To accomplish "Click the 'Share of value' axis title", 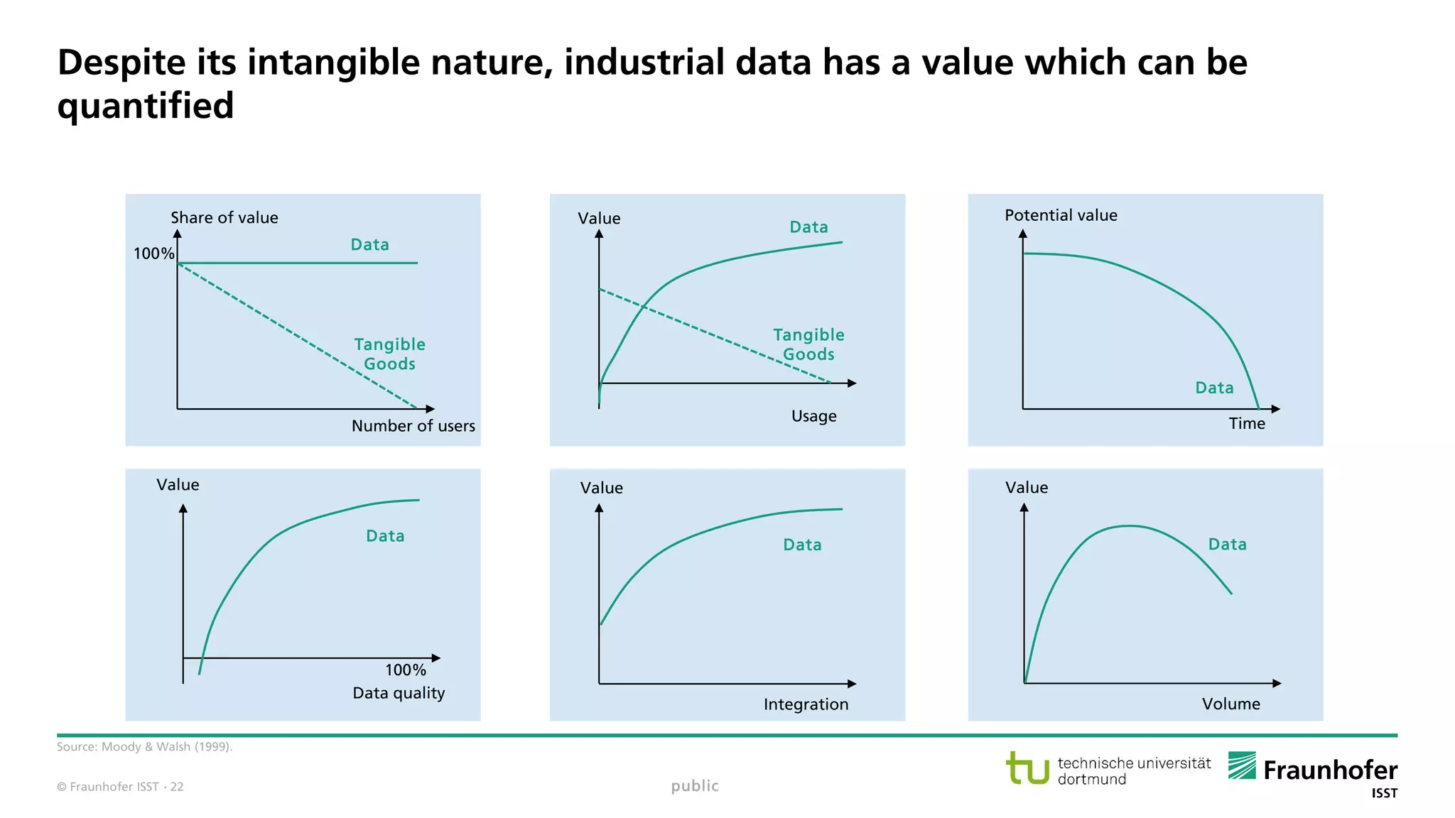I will pyautogui.click(x=224, y=218).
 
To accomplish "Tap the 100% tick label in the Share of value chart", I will pyautogui.click(x=153, y=253).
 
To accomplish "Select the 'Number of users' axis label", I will pyautogui.click(x=413, y=426).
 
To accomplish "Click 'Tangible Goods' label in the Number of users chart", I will pyautogui.click(x=389, y=354).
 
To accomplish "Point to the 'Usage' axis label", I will pyautogui.click(x=813, y=416).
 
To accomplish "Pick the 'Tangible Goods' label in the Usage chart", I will pyautogui.click(x=808, y=344).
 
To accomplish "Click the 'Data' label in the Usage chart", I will pyautogui.click(x=808, y=227).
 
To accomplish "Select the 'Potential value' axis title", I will pyautogui.click(x=1060, y=215).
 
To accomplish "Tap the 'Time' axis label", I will pyautogui.click(x=1247, y=424).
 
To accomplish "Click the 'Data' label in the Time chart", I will pyautogui.click(x=1214, y=388).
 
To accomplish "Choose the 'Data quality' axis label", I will pyautogui.click(x=399, y=693).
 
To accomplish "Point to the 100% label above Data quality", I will pyautogui.click(x=405, y=670).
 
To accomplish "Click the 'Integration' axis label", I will pyautogui.click(x=806, y=704).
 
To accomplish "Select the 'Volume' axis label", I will pyautogui.click(x=1230, y=704).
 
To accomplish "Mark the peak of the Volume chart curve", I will pyautogui.click(x=1128, y=526).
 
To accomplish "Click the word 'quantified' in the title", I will pyautogui.click(x=146, y=106).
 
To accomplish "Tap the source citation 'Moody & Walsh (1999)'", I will pyautogui.click(x=166, y=747).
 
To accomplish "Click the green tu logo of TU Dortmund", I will pyautogui.click(x=1027, y=768).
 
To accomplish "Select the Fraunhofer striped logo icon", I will pyautogui.click(x=1242, y=765).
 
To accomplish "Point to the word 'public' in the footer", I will pyautogui.click(x=694, y=786).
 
